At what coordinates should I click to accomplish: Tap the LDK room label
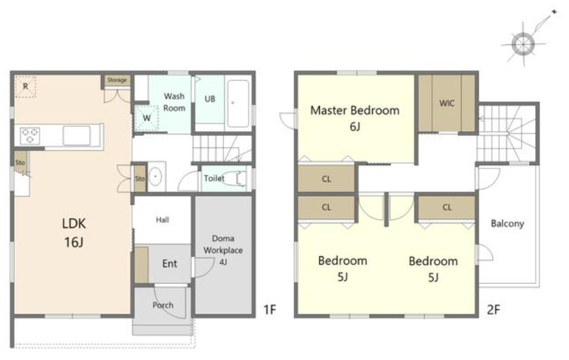[74, 232]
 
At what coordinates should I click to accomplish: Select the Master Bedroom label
[355, 110]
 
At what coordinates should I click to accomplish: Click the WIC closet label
[447, 103]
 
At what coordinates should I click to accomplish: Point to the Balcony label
[507, 223]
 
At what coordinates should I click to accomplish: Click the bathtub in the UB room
[238, 103]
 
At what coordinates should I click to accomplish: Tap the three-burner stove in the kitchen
[30, 136]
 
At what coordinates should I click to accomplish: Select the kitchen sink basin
[77, 136]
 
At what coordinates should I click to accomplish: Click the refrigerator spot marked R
[25, 86]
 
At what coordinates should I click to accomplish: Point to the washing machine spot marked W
[147, 118]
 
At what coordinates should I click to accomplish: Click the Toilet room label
[214, 178]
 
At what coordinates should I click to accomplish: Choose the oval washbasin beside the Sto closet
[155, 177]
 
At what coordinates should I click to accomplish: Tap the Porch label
[162, 305]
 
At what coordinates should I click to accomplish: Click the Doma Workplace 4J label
[223, 250]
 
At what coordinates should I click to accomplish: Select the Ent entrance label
[170, 264]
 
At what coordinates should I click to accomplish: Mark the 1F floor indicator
[270, 310]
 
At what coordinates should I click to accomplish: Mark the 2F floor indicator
[494, 310]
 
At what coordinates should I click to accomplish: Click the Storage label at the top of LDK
[117, 80]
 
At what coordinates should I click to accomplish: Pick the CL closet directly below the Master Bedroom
[326, 179]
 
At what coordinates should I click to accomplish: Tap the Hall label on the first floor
[162, 219]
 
